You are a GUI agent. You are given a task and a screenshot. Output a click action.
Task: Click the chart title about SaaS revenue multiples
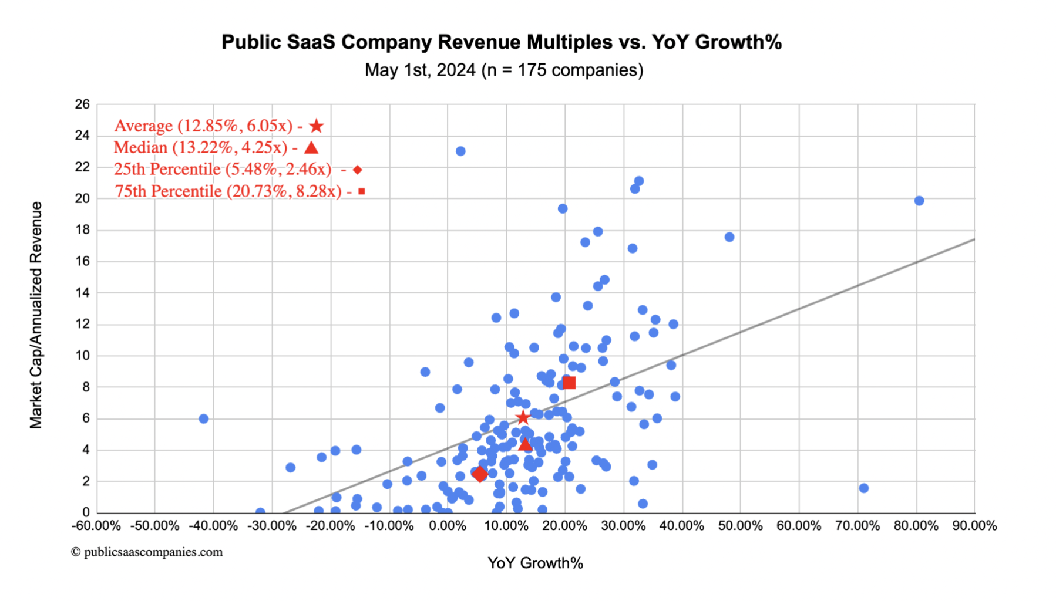[x=502, y=42]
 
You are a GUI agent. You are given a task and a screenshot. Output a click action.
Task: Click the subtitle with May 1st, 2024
[x=504, y=70]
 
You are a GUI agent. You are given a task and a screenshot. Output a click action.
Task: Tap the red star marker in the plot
[x=523, y=418]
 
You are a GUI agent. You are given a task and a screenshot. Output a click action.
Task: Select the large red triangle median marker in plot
[x=525, y=444]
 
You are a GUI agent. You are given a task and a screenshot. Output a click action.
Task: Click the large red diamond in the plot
[x=480, y=474]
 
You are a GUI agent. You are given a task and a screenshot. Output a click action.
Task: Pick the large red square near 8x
[x=569, y=383]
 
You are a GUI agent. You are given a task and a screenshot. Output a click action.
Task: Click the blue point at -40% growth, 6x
[x=203, y=418]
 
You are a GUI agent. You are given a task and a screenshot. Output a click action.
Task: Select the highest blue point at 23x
[x=460, y=151]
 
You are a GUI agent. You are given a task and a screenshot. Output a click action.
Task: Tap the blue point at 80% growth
[x=919, y=201]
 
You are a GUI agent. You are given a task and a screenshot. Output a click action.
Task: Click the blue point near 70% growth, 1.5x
[x=863, y=488]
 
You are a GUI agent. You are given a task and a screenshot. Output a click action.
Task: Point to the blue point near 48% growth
[x=729, y=237]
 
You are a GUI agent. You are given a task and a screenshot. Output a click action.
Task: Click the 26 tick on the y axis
[x=82, y=104]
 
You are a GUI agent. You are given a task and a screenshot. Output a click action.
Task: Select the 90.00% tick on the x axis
[x=974, y=526]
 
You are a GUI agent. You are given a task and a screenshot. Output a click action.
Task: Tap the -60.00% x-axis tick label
[x=96, y=526]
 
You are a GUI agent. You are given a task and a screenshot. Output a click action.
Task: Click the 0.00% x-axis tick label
[x=448, y=526]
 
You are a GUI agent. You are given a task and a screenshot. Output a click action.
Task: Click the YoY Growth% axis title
[x=535, y=563]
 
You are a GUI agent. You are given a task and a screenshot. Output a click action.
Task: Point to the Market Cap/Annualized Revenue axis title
[x=36, y=315]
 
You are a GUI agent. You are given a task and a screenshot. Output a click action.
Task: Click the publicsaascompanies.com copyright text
[x=147, y=552]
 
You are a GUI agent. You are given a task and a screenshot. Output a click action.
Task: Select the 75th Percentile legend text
[x=228, y=191]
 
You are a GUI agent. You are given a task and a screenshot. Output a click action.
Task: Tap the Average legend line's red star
[x=317, y=126]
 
